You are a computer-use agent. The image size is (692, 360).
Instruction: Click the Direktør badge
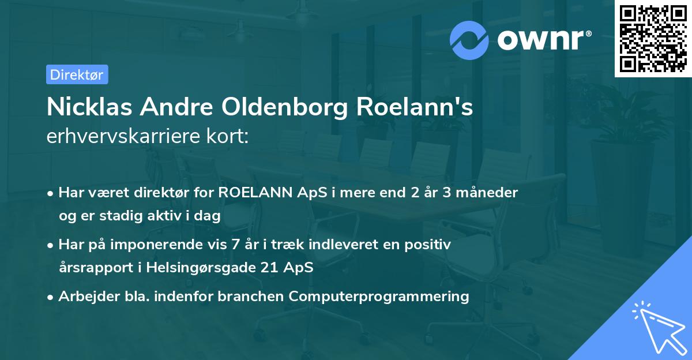pos(77,74)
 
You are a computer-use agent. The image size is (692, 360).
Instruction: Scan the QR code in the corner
pos(653,39)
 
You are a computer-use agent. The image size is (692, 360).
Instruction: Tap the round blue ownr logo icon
pos(469,39)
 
